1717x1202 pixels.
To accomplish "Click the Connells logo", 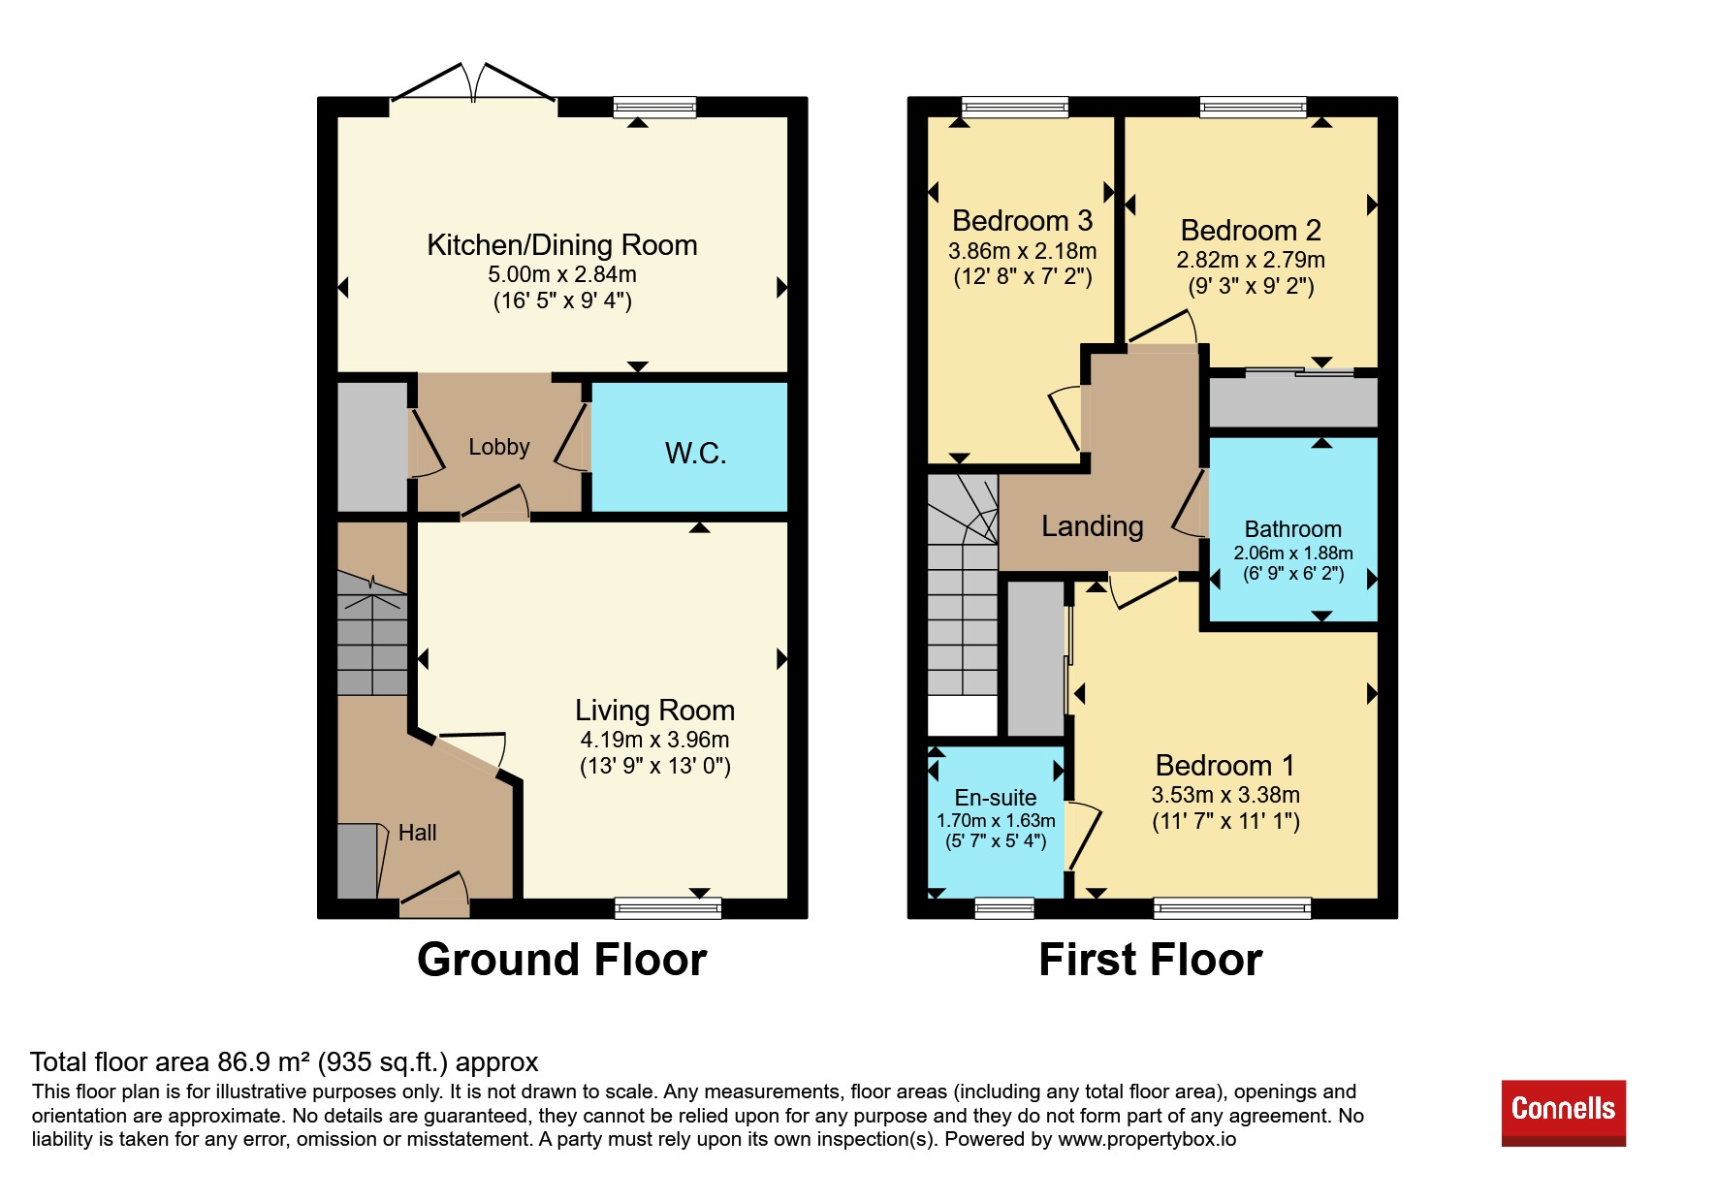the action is pos(1563,1113).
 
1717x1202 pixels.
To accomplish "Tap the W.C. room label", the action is pos(695,453).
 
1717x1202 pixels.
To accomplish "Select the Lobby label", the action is pos(499,447).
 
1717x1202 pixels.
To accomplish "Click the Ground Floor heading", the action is pos(562,960).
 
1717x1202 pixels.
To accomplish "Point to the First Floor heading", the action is pos(1151,960).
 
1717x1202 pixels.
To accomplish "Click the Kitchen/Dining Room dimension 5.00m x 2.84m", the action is pos(562,274).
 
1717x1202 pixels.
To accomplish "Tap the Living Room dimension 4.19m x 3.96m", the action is pos(655,740).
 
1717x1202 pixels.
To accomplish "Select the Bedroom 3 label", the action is pos(1023,221).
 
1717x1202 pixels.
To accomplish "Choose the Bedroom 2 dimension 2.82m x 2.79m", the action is pos(1251,260).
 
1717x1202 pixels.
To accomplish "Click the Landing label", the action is pos(1093,526).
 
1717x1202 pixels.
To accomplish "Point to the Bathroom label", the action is pos(1293,529).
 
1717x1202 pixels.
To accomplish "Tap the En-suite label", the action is pos(996,798).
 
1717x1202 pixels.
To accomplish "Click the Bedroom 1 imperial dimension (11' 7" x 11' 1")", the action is pos(1226,821).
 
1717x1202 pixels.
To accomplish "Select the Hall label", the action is pos(418,833).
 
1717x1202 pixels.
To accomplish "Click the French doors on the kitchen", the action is pos(473,83).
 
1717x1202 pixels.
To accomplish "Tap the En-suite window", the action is pos(1004,908).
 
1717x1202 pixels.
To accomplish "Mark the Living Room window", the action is pos(668,908).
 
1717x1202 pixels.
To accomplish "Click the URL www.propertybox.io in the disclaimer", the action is pos(1147,1139).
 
